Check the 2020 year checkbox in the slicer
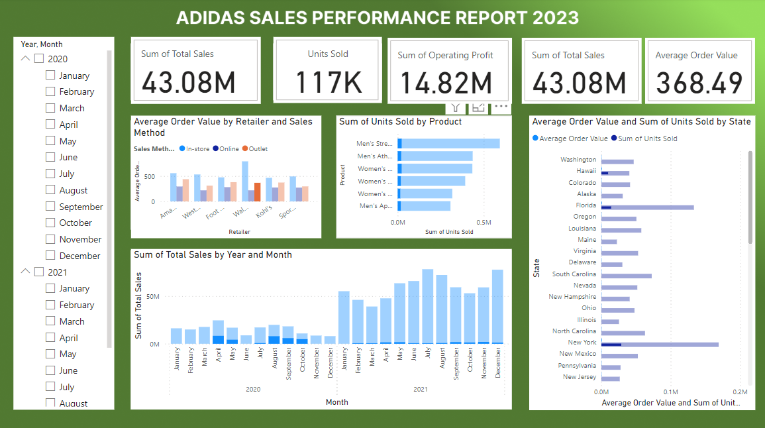[39, 59]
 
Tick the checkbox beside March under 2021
[50, 321]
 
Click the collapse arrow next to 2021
[26, 272]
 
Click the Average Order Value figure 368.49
[699, 83]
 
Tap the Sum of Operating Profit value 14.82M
[446, 83]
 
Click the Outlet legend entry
[254, 149]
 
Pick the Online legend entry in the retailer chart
[225, 149]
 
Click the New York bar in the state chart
[660, 345]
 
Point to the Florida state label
[586, 205]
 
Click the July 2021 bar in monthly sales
[428, 306]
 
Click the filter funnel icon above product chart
[455, 107]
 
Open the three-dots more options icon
[501, 106]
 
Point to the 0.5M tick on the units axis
[484, 223]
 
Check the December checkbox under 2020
[50, 256]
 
